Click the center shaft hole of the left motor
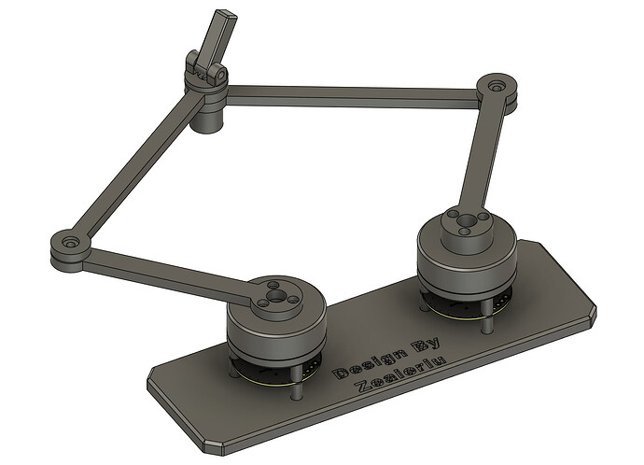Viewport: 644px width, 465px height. tap(274, 295)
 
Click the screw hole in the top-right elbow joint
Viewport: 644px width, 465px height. tap(497, 87)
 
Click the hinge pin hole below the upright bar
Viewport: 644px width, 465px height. tap(222, 76)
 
